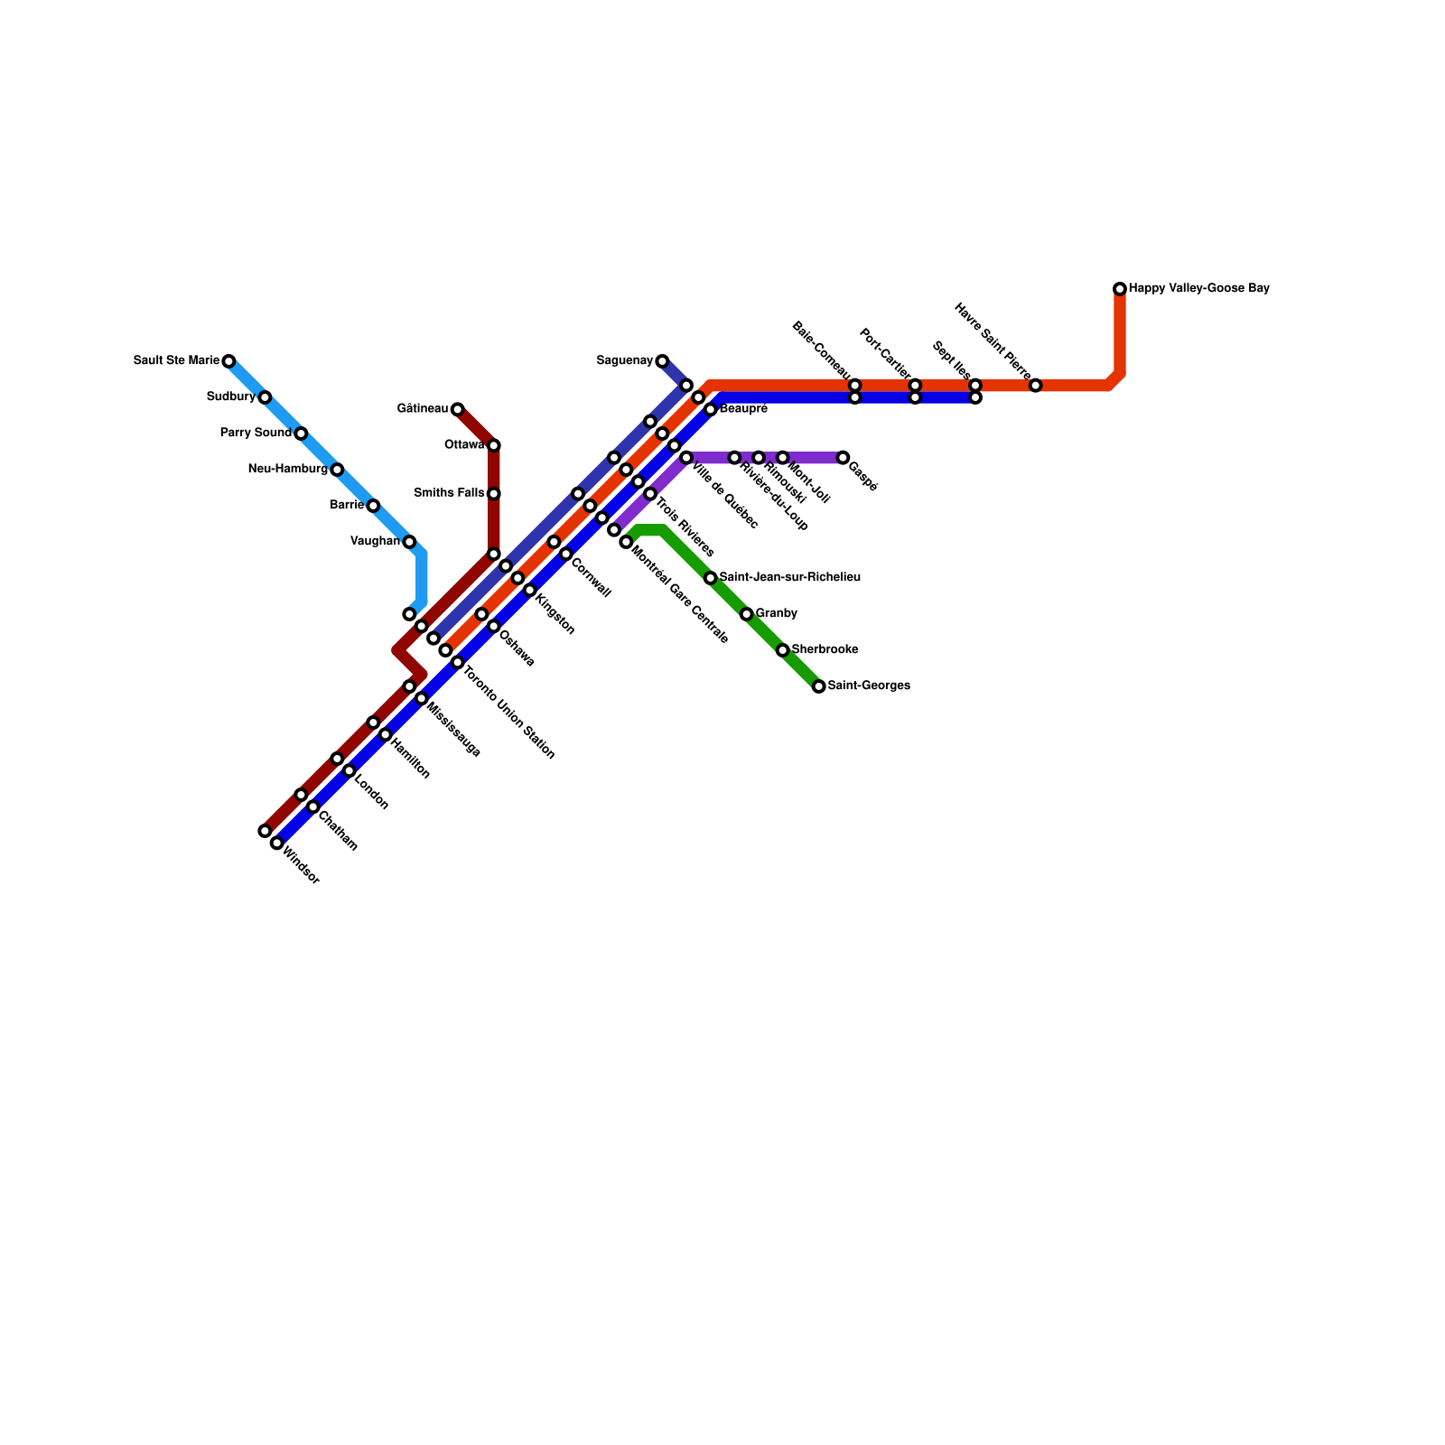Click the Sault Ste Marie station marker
coord(228,361)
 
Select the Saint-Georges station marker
coord(818,686)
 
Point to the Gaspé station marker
coord(843,458)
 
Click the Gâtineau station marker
coord(457,409)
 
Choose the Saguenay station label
coord(624,361)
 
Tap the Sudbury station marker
coord(265,397)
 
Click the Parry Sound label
coord(256,433)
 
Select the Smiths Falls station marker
coord(493,494)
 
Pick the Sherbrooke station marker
coord(782,650)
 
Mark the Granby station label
coord(776,614)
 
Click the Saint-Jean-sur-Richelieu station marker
coord(710,578)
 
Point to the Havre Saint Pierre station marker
coord(1035,386)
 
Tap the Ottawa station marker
coord(493,445)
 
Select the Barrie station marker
coord(373,506)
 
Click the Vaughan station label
coord(375,542)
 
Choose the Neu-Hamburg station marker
coord(337,470)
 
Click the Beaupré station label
coord(743,409)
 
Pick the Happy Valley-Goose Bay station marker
coord(1120,289)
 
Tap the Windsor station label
coord(302,864)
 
